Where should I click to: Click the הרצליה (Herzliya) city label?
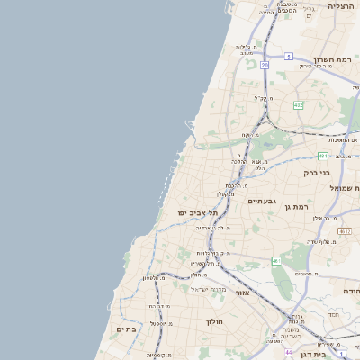tap(341, 6)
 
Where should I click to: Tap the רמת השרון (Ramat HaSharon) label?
tap(342, 59)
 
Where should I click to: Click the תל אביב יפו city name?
tap(198, 212)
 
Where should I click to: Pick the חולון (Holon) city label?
tap(214, 321)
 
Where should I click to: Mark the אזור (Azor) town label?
tap(242, 292)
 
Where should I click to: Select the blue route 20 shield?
tap(265, 66)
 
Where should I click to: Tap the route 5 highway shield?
tap(289, 56)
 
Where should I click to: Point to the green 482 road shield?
tap(298, 105)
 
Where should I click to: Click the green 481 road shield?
tap(322, 156)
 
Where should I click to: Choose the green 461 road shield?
tap(276, 261)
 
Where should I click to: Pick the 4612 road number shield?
tap(289, 354)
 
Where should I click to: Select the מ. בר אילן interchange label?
tap(324, 218)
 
